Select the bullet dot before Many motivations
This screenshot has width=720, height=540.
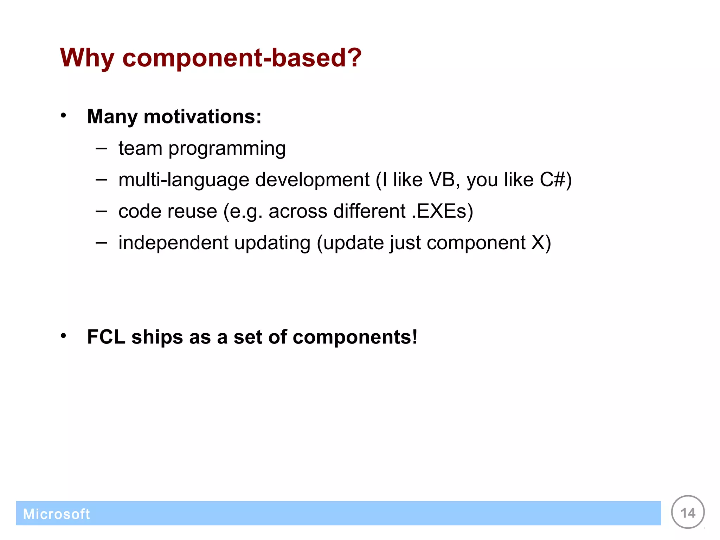(x=63, y=115)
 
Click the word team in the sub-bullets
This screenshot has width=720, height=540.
(x=140, y=148)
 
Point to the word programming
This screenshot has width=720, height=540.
(x=227, y=149)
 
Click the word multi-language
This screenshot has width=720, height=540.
(x=184, y=180)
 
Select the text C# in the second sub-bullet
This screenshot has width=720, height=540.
(x=553, y=180)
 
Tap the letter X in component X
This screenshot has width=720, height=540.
(x=538, y=243)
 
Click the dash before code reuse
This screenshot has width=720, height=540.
(x=101, y=212)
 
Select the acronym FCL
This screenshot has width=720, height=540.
(x=106, y=337)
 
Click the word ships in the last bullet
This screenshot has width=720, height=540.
(x=157, y=337)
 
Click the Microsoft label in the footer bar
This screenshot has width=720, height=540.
(x=56, y=514)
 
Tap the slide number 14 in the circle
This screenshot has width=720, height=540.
(x=688, y=513)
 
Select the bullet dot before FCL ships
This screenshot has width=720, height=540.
(x=63, y=336)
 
